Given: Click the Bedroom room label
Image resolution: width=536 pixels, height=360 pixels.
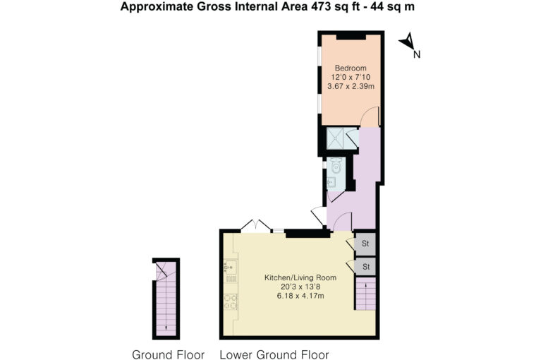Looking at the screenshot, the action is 351,68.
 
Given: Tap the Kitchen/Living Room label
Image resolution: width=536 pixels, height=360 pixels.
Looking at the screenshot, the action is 300,277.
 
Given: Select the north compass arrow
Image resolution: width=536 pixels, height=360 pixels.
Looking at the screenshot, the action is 408,42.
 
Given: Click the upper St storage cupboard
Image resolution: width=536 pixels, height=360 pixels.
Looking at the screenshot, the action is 365,244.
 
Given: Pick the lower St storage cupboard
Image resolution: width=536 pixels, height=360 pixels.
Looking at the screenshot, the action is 365,267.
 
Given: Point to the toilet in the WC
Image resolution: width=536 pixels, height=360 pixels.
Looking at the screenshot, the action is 336,166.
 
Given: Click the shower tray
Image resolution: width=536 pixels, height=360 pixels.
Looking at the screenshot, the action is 335,138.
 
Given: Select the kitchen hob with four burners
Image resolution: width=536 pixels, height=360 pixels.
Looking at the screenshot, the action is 231,302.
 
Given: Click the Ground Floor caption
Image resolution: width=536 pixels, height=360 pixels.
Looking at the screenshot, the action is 168,354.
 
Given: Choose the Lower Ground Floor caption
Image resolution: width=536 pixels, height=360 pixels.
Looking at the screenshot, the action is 274,354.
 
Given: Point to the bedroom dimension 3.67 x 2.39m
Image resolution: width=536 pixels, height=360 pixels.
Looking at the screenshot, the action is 351,86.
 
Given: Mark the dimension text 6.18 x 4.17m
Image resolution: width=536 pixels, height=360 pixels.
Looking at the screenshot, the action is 300,296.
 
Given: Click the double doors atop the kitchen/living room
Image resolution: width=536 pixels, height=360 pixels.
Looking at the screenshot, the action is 256,226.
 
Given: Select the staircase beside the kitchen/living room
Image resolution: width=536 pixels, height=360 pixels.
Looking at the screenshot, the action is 366,293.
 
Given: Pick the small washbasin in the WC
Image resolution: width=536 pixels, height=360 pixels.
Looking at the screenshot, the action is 331,183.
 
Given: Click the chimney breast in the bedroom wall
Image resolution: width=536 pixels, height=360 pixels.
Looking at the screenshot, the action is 351,37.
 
